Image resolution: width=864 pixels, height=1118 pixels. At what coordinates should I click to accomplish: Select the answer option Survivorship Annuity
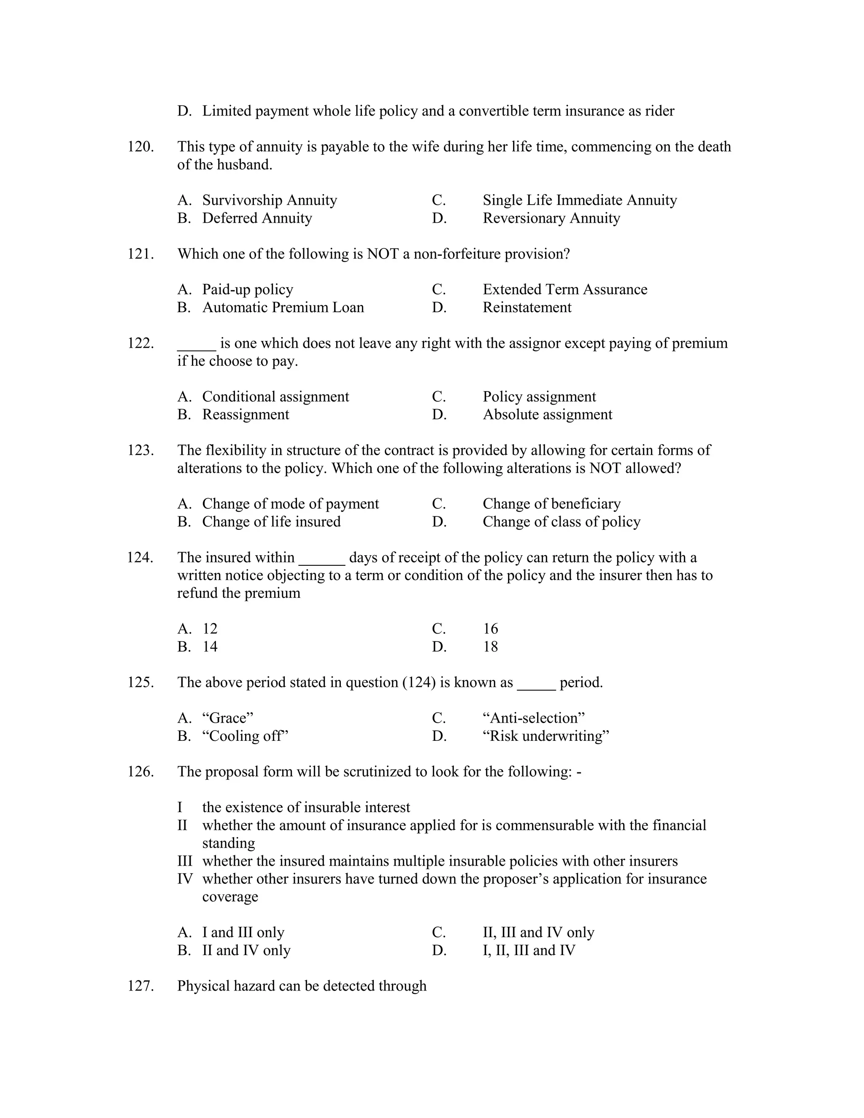pos(269,200)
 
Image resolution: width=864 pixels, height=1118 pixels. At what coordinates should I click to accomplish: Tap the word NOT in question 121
pos(382,254)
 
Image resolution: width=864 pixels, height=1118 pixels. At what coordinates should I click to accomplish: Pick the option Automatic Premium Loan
pos(283,308)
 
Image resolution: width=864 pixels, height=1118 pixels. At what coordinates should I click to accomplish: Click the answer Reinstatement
pos(526,308)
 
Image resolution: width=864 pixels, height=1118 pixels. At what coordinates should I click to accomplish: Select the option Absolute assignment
pos(547,415)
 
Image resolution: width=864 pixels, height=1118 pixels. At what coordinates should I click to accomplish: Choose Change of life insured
pos(271,521)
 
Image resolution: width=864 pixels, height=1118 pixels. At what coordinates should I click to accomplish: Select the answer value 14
pos(210,647)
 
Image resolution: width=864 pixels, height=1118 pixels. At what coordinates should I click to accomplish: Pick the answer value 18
pos(490,647)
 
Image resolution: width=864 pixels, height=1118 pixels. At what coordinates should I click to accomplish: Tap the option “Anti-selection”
pos(533,718)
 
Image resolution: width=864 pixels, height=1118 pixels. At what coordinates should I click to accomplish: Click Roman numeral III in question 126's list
pos(185,861)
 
